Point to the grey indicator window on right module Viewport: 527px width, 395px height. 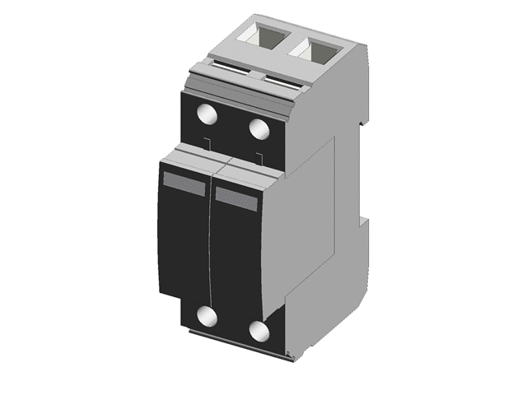[x=237, y=197]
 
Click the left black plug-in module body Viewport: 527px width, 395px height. [x=183, y=247]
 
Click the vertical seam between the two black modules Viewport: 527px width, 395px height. [x=211, y=247]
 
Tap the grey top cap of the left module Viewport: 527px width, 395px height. [x=188, y=159]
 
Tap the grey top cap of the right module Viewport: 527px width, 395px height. [x=243, y=171]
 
